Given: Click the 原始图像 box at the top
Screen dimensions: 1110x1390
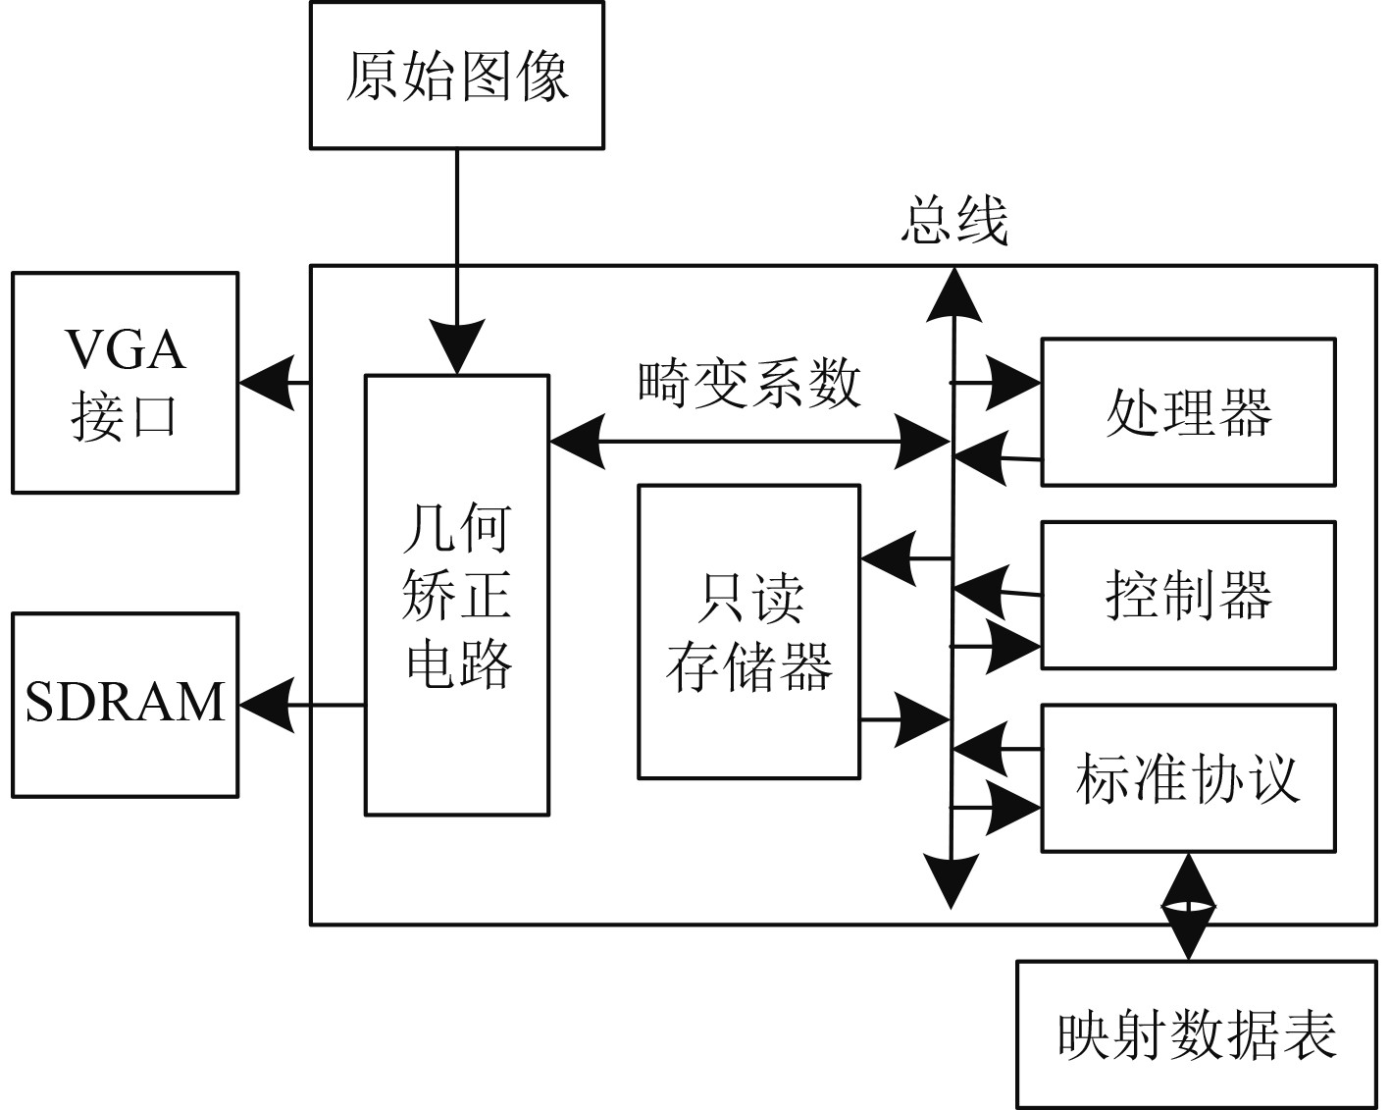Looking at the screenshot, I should coord(456,76).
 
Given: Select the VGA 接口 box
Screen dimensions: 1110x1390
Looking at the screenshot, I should coord(125,383).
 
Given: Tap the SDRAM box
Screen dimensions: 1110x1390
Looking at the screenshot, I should coord(125,705).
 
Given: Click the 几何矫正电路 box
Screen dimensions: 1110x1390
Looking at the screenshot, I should coord(456,595).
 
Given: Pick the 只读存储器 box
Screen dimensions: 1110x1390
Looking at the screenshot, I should coord(748,631).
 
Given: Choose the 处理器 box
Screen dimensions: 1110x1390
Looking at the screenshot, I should coord(1188,412).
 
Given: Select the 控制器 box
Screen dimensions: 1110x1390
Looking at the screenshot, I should coord(1188,595).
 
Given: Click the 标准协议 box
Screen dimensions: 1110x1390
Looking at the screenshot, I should coord(1188,778).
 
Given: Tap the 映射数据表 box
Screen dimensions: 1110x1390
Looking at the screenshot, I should coord(1197,1034).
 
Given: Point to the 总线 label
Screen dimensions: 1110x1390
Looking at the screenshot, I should coord(953,222).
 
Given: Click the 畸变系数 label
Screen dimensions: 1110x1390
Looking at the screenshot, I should coord(749,383).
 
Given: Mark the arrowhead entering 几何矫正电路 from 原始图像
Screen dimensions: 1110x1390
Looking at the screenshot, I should coord(456,345).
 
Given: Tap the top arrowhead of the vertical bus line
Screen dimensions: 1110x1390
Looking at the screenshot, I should coord(952,293).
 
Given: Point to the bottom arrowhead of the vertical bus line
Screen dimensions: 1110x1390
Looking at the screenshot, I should coord(952,880).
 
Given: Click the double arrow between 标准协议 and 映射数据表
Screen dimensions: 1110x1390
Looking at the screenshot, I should coord(1188,906).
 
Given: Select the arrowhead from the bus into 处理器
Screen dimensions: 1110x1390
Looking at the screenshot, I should coord(1014,382).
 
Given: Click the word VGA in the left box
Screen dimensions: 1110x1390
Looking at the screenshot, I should coord(125,348).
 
